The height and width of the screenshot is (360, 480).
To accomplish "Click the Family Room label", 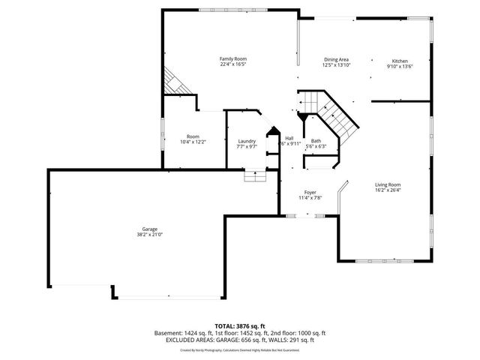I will click(x=232, y=58).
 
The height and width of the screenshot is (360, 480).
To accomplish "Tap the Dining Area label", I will click(x=336, y=59).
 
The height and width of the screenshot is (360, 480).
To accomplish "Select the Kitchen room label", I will click(x=400, y=60).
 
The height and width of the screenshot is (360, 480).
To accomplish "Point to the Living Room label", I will click(x=388, y=184).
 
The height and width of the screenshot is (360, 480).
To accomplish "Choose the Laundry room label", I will click(x=247, y=141).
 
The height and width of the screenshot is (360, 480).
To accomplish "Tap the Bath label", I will click(x=316, y=141).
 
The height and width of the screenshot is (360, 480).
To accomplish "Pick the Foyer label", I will click(x=310, y=193).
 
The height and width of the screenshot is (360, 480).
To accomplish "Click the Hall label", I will click(x=289, y=138).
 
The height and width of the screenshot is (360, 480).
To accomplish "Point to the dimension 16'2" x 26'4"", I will click(x=388, y=190).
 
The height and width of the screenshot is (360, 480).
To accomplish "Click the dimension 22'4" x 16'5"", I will click(x=232, y=64).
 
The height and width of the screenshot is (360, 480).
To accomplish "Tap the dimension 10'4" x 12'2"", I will click(x=193, y=142).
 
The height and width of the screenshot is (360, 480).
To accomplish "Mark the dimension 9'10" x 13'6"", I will click(x=400, y=66).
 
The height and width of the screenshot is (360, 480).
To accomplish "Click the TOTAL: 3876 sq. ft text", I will click(x=240, y=326).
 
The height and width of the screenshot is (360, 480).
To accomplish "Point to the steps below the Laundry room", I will click(x=255, y=176).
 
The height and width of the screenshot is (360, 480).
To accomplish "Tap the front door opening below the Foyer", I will click(x=309, y=216).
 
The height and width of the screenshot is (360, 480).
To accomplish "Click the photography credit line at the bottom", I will click(x=240, y=349).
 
